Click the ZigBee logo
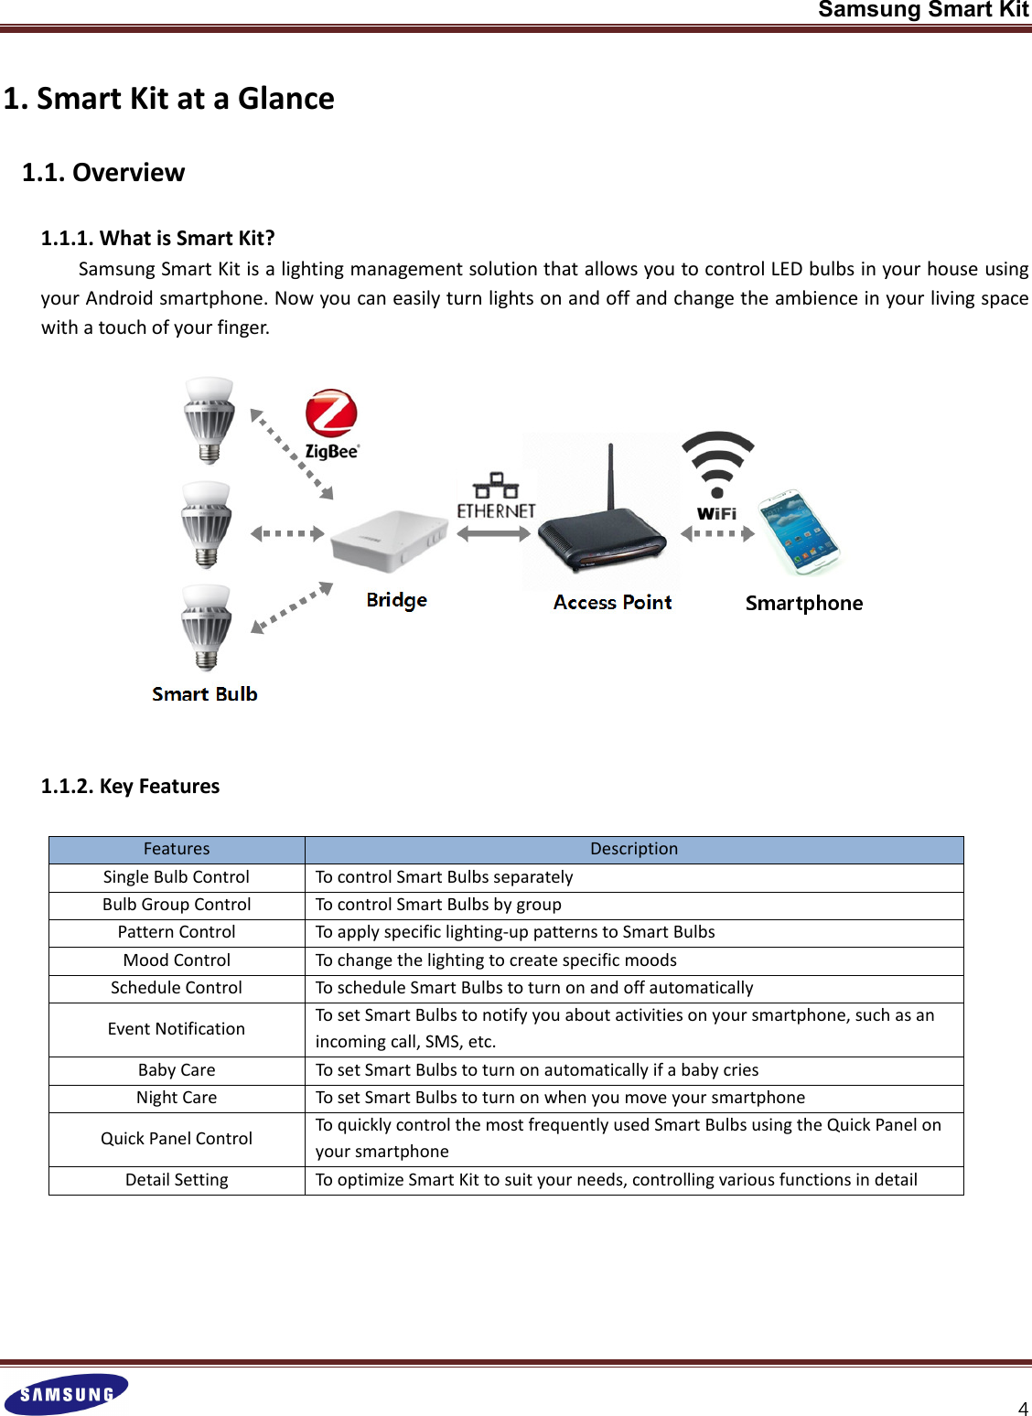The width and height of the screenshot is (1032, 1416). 331,424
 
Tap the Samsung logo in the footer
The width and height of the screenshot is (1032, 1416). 66,1394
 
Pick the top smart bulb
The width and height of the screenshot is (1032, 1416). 210,420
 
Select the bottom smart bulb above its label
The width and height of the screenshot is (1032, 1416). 207,628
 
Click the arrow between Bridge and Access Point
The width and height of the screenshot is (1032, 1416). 494,534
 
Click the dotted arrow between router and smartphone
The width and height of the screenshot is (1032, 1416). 718,533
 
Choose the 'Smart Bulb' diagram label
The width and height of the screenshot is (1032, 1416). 205,694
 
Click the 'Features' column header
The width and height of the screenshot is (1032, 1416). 177,849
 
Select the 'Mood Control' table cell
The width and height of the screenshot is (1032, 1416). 177,960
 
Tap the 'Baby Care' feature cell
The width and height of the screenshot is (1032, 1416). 177,1070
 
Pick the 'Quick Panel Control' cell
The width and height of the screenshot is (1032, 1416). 177,1139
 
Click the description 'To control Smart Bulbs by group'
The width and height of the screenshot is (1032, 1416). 438,905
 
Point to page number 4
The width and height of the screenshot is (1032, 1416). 1023,1409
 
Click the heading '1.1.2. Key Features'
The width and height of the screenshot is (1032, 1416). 130,787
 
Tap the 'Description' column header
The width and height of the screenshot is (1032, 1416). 634,849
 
